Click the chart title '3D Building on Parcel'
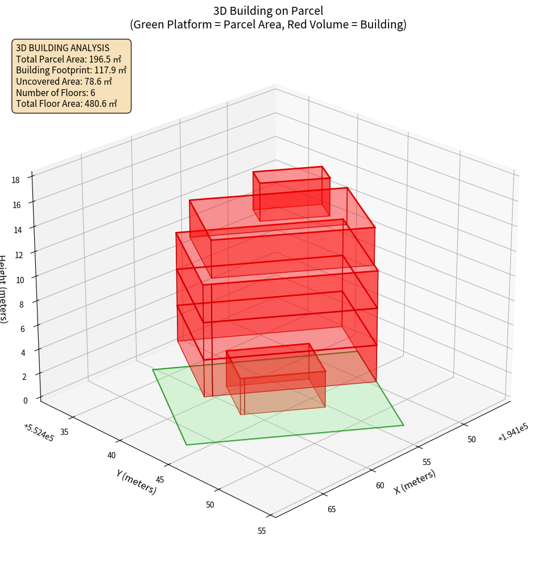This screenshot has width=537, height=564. (268, 10)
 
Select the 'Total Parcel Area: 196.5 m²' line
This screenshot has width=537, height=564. (69, 59)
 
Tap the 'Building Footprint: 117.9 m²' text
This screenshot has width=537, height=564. (71, 70)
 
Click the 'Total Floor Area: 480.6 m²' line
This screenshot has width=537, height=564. (67, 104)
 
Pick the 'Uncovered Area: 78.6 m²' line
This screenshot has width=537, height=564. (64, 82)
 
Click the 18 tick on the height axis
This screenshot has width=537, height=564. (15, 180)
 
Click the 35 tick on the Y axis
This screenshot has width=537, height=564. (64, 432)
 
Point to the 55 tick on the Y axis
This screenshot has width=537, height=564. (261, 531)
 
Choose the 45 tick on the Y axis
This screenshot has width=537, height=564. (160, 480)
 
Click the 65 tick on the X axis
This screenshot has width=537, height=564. (332, 509)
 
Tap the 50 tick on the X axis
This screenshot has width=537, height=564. (472, 439)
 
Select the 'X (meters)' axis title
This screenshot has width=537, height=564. (415, 482)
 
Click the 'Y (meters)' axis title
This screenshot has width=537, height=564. (137, 482)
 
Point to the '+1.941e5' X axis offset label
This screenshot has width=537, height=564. (513, 433)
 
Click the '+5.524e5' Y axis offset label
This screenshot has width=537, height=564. (39, 433)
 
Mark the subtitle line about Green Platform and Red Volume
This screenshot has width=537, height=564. (268, 24)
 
